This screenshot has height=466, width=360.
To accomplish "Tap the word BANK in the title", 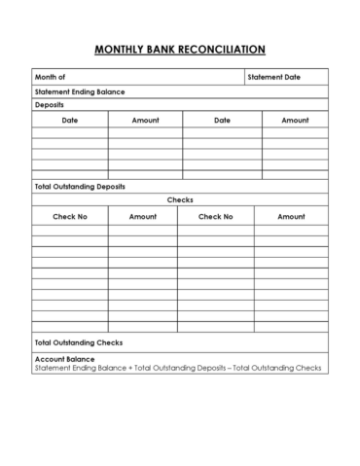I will (167, 49).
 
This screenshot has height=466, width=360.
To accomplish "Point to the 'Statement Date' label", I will (273, 76).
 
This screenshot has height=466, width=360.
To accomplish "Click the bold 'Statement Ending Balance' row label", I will (79, 91).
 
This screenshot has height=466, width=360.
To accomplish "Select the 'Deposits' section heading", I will (50, 104).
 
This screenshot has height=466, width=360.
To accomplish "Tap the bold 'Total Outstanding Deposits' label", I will (80, 186).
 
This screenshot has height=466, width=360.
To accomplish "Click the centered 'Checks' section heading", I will (180, 199).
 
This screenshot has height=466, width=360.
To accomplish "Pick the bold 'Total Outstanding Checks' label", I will (78, 342).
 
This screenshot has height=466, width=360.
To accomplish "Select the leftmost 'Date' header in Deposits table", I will (70, 121).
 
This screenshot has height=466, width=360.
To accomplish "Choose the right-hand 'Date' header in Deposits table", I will (221, 121).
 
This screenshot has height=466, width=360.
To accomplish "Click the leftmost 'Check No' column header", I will (70, 216).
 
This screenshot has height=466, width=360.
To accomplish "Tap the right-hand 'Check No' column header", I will (215, 216).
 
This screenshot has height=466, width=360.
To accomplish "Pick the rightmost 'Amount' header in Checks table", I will (291, 216).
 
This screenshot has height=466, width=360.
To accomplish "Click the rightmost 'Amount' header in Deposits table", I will (295, 121).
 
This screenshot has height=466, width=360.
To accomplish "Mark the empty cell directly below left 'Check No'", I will (70, 231).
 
